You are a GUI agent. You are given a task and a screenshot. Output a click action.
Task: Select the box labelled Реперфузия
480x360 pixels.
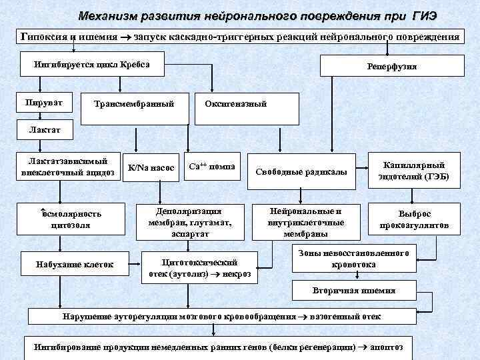(x=393, y=67)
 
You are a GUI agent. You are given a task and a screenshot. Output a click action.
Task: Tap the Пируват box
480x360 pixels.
(x=44, y=103)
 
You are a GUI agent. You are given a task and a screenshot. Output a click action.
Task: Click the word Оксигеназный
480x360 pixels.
(x=236, y=104)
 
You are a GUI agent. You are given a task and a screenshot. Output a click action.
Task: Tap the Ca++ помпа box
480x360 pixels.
(x=212, y=167)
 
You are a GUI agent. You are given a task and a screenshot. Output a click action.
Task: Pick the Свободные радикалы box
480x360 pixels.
(x=301, y=173)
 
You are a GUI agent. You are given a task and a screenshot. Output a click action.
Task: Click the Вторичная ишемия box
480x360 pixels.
(x=354, y=291)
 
